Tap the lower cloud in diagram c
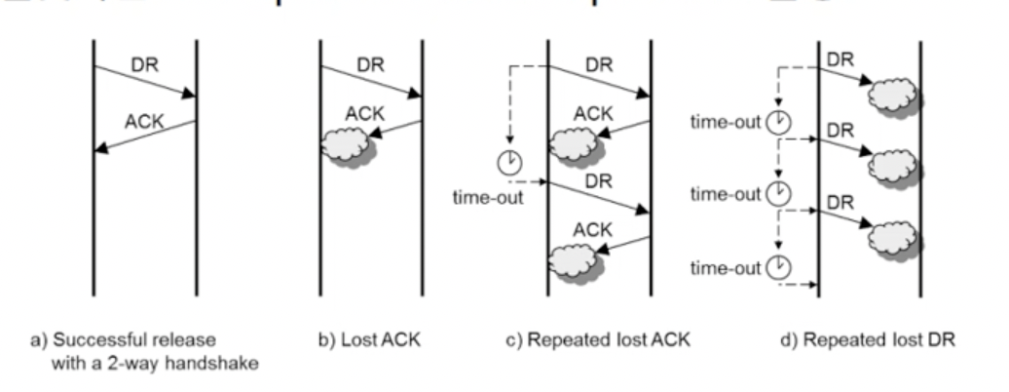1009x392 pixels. (575, 262)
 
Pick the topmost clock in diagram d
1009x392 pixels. (778, 122)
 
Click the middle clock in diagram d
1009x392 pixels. (778, 194)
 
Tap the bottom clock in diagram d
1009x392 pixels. (778, 265)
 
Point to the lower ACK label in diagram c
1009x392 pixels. (593, 230)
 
